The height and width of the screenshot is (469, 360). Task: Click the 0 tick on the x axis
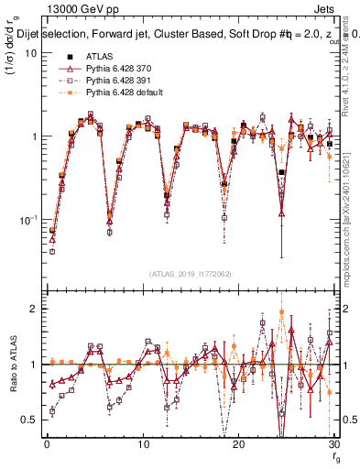pyautogui.click(x=46, y=444)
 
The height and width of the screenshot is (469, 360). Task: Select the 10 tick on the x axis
pyautogui.click(x=142, y=444)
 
